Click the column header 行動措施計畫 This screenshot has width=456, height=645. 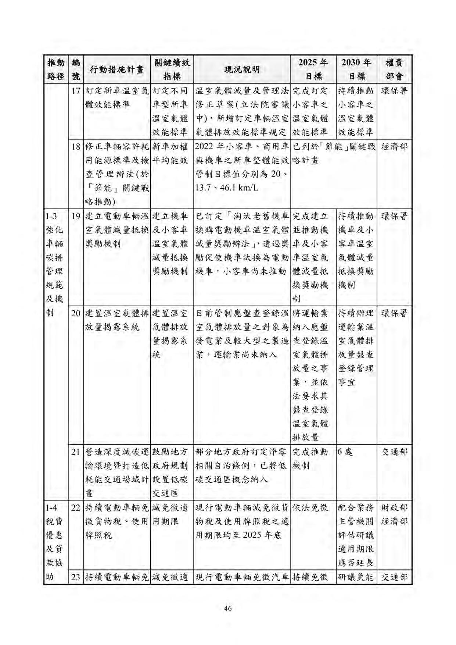(x=116, y=70)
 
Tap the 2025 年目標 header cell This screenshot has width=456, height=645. (x=313, y=70)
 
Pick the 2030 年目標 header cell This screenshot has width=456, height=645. (x=356, y=70)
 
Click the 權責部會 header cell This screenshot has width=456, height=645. (x=395, y=70)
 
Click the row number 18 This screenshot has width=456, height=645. (x=76, y=147)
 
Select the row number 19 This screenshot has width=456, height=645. (x=76, y=216)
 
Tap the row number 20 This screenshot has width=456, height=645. (x=76, y=314)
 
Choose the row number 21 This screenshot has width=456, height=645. (x=76, y=452)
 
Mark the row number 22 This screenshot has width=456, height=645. (x=76, y=508)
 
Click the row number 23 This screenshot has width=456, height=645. (x=76, y=577)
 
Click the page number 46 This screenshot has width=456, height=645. (x=228, y=608)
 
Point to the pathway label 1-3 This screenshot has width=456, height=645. (x=52, y=216)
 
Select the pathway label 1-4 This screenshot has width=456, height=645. (x=52, y=508)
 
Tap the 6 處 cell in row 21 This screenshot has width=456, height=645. (x=345, y=452)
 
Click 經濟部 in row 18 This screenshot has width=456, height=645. (x=395, y=147)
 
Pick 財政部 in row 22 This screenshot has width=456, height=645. (x=395, y=508)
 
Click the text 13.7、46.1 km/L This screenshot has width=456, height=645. (x=227, y=188)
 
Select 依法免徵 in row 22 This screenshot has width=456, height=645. (x=310, y=508)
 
